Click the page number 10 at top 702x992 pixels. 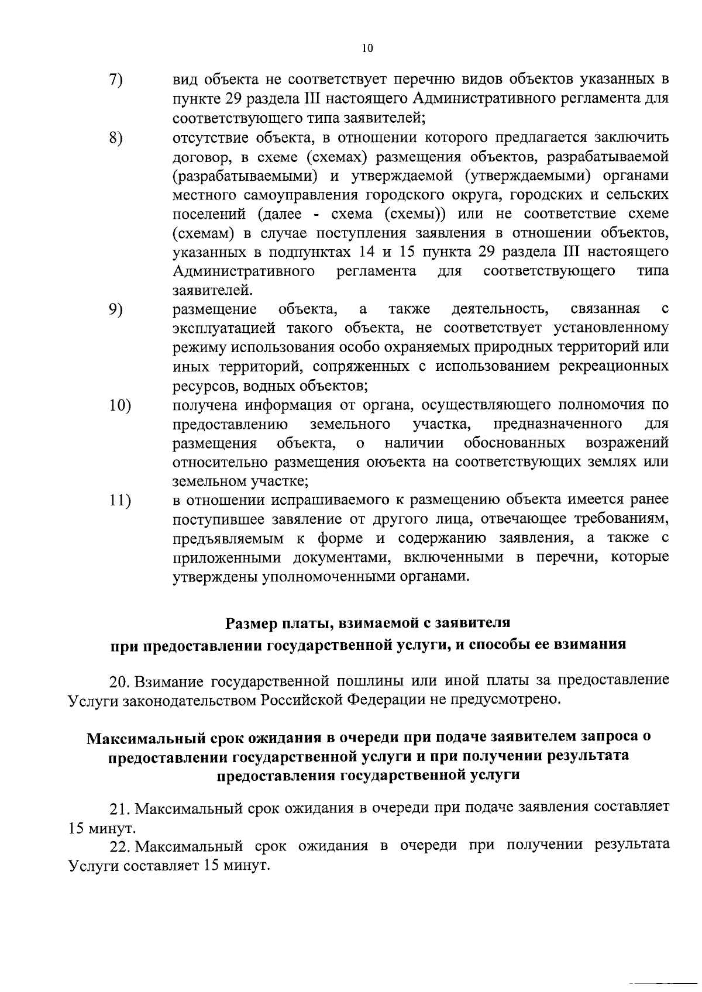pyautogui.click(x=367, y=49)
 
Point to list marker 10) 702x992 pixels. pyautogui.click(x=120, y=405)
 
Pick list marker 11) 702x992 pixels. pyautogui.click(x=120, y=501)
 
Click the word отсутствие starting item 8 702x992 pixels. pyautogui.click(x=209, y=138)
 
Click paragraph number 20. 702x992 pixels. pyautogui.click(x=121, y=681)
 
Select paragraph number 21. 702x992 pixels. pyautogui.click(x=121, y=809)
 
